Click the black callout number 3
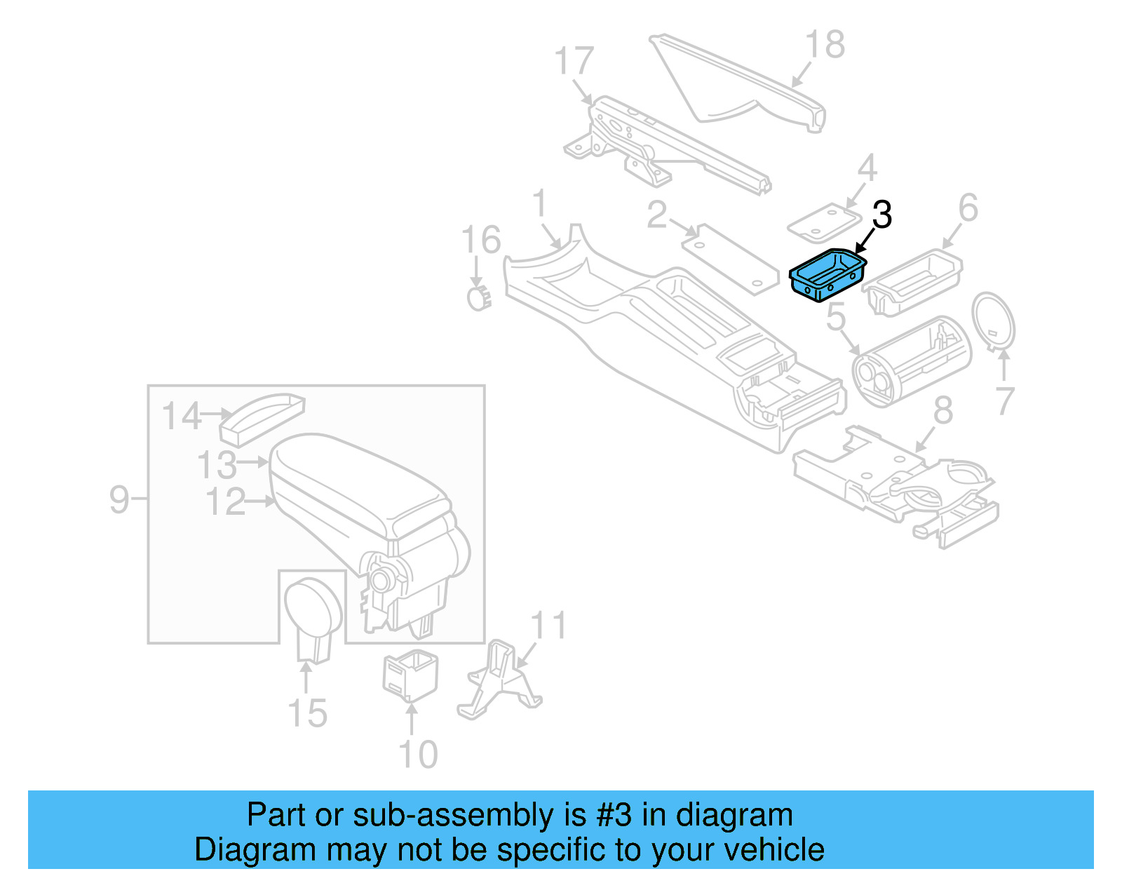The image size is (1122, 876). [x=881, y=215]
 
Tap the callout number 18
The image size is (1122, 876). [x=825, y=46]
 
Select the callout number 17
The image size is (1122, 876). [x=574, y=61]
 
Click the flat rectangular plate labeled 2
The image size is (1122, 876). [x=729, y=260]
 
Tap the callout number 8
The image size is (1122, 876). [x=943, y=410]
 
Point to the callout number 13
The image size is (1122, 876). [x=217, y=465]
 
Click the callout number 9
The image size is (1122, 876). [x=119, y=500]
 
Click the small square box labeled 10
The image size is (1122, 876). [x=410, y=675]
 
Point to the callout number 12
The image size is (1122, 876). [x=226, y=503]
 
